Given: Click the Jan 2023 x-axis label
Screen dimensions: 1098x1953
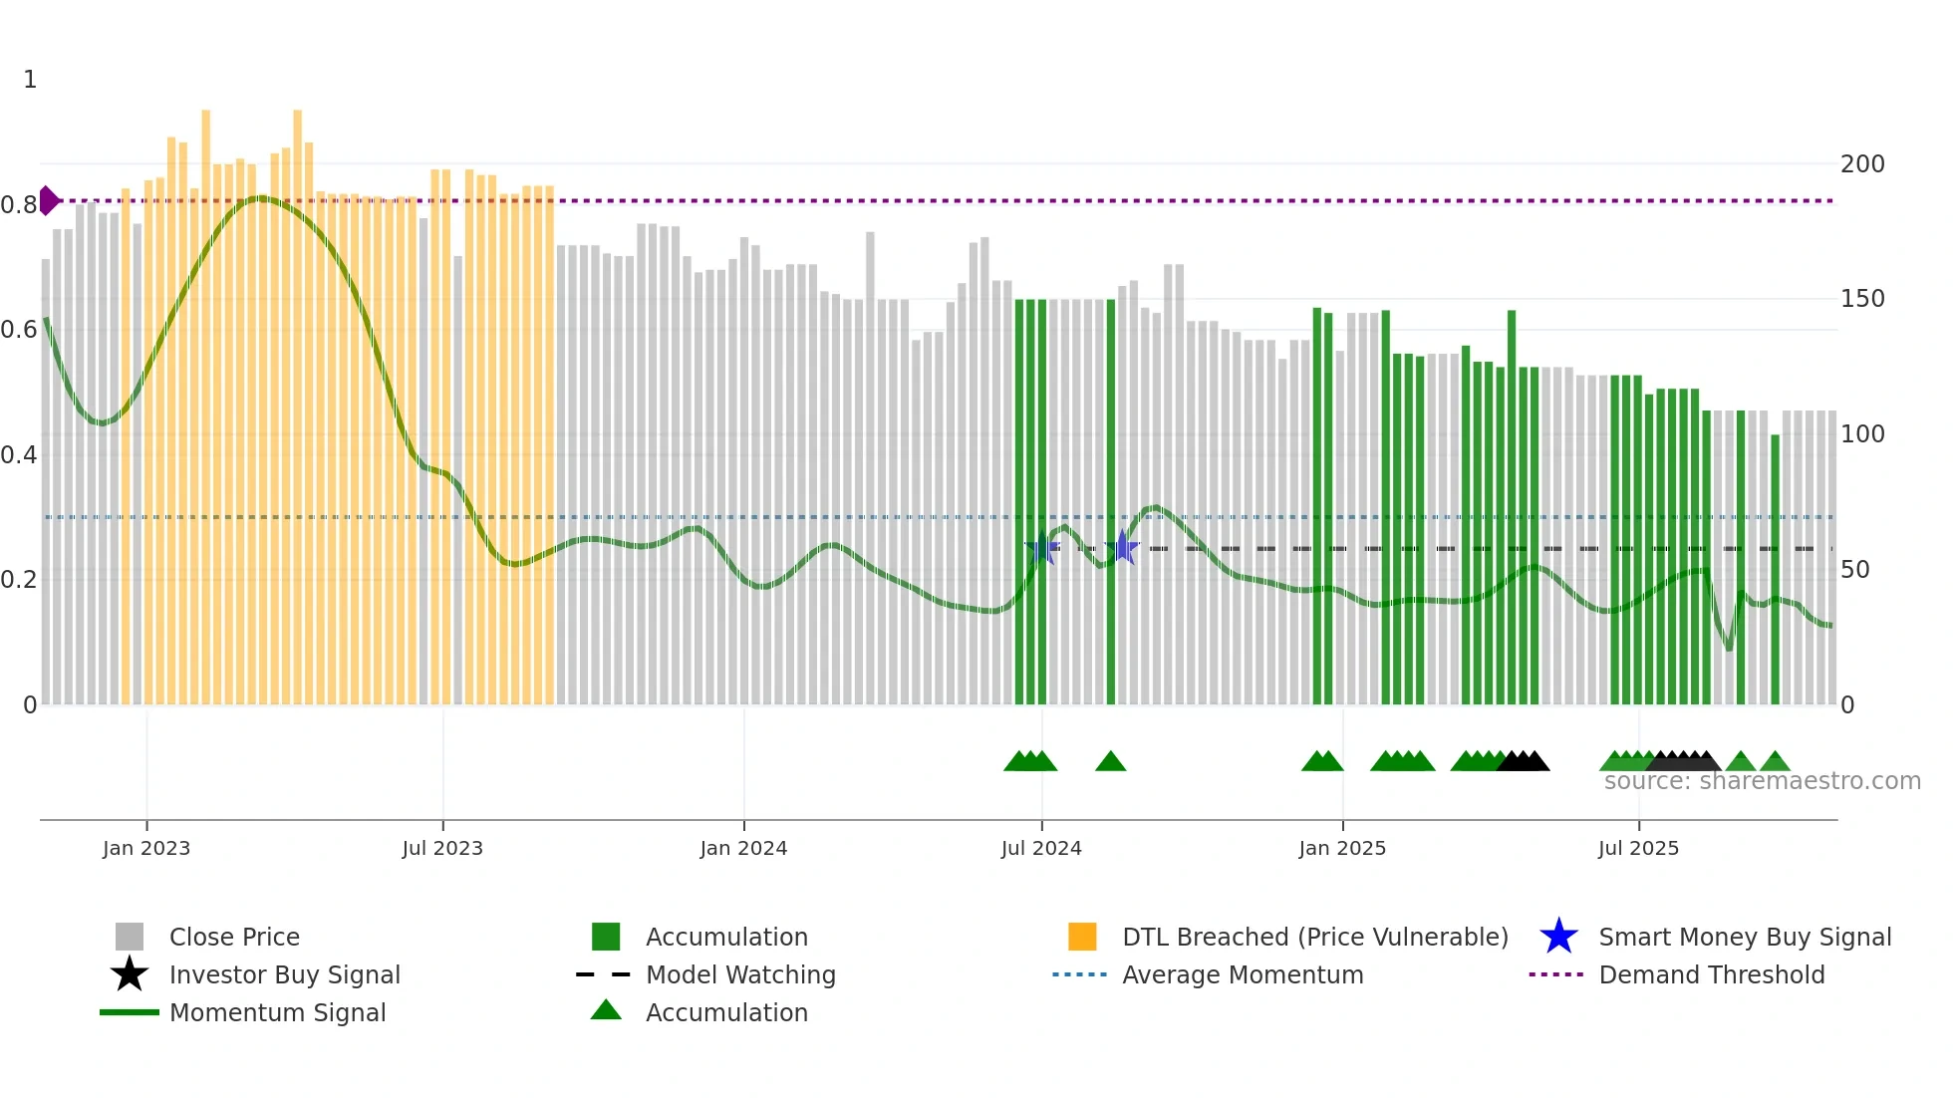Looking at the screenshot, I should pyautogui.click(x=146, y=848).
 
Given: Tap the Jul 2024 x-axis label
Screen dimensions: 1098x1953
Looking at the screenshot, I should pyautogui.click(x=1041, y=848).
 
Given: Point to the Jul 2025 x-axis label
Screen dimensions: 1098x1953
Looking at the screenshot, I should pyautogui.click(x=1638, y=848).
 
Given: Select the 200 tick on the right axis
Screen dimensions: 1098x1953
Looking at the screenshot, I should pyautogui.click(x=1862, y=164).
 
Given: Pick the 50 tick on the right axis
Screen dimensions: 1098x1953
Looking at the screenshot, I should pyautogui.click(x=1854, y=570).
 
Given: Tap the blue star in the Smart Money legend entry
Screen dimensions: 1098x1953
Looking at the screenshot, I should pyautogui.click(x=1558, y=937).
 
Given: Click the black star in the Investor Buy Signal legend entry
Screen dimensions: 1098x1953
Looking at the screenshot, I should pyautogui.click(x=130, y=974).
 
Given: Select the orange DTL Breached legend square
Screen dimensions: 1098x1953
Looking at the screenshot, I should pyautogui.click(x=1082, y=937).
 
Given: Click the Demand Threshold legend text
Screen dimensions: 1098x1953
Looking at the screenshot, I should pyautogui.click(x=1711, y=974).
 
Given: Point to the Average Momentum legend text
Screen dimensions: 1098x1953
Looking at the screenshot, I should pyautogui.click(x=1243, y=974).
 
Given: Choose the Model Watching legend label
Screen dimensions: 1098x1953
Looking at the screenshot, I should pyautogui.click(x=740, y=974).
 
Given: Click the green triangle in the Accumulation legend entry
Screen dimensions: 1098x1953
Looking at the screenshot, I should pyautogui.click(x=606, y=1010).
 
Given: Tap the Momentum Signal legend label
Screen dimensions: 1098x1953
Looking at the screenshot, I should pyautogui.click(x=277, y=1012).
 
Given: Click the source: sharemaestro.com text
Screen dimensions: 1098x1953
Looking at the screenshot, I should pyautogui.click(x=1762, y=781).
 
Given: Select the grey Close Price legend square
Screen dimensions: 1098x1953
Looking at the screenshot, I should pyautogui.click(x=130, y=937).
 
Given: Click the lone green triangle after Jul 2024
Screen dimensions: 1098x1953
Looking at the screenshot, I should pyautogui.click(x=1110, y=762).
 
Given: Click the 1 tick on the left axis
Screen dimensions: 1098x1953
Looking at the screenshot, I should pyautogui.click(x=30, y=80).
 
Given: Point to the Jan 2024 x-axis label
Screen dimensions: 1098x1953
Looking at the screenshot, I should pyautogui.click(x=743, y=848).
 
